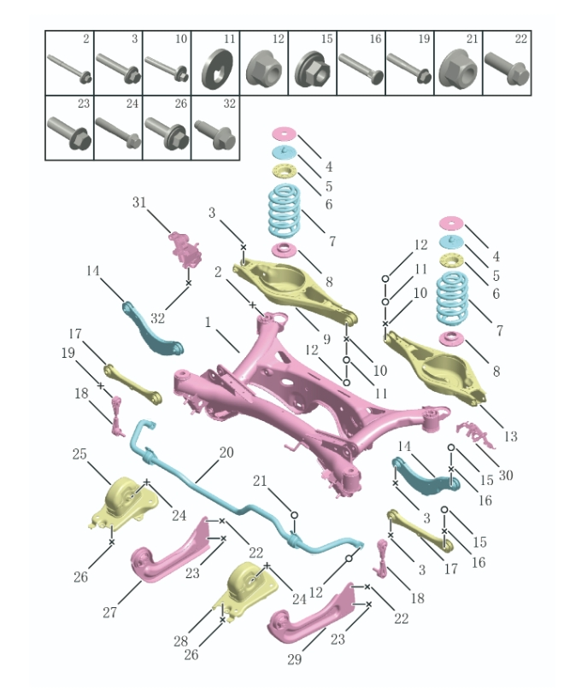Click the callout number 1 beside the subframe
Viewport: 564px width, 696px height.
tap(208, 322)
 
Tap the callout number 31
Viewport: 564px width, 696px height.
tap(139, 202)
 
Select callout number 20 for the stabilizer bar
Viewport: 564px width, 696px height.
tap(226, 453)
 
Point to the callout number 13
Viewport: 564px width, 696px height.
tap(511, 436)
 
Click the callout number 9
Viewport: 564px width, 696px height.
tap(326, 339)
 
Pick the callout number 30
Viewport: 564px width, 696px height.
tap(506, 475)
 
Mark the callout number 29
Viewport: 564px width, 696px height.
tap(295, 659)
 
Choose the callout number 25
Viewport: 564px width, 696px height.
tap(79, 453)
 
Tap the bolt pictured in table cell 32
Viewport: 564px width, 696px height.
tap(215, 134)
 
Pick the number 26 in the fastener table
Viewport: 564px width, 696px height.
tap(181, 103)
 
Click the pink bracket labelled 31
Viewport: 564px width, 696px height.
tap(185, 249)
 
